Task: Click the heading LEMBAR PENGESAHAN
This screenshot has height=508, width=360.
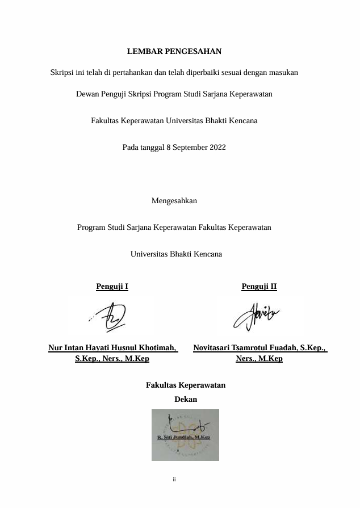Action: point(174,52)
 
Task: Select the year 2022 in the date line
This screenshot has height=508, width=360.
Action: point(217,148)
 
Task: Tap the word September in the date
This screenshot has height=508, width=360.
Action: point(190,148)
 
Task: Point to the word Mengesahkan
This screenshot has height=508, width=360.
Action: point(174,201)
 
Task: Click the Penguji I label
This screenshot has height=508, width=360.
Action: point(112,287)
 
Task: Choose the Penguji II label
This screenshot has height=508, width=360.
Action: point(259,287)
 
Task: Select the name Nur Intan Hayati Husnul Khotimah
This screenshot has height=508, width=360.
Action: point(112,347)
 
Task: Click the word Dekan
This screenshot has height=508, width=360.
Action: point(186,400)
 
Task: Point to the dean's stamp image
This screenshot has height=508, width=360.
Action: point(185,435)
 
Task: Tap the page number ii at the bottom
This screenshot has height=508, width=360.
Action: point(174,480)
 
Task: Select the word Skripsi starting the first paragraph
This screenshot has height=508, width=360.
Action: point(62,73)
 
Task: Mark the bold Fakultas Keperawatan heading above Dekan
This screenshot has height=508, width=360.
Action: point(186,385)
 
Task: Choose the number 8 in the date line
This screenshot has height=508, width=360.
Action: point(169,148)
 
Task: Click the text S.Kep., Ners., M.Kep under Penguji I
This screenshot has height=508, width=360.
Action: point(112,359)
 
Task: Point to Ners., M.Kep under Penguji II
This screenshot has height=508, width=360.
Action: point(259,359)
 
